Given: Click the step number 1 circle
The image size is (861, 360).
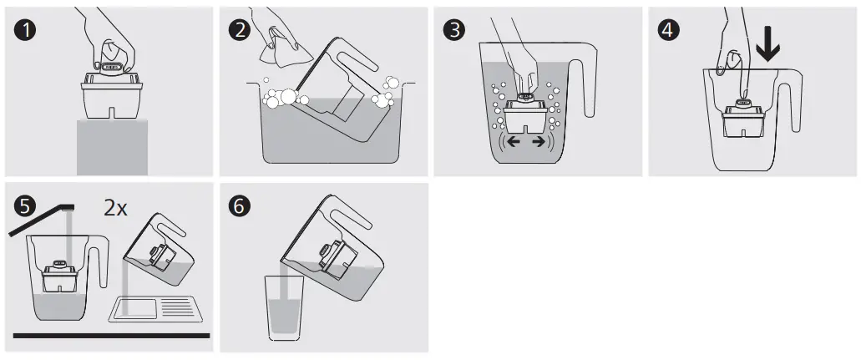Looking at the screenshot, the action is pos(24,30).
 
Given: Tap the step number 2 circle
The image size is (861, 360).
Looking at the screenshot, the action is pos(240,30).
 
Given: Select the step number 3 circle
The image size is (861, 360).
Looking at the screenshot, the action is pos(453,30).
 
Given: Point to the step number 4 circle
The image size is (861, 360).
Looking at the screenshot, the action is pos(668,30).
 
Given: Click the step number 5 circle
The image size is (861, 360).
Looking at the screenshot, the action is pos(24,206).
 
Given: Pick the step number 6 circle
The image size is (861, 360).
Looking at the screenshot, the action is pos(240,206).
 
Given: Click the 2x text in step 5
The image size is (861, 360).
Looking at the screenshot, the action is pos(115,208).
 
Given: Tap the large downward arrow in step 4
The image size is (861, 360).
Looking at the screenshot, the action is pos(767,46).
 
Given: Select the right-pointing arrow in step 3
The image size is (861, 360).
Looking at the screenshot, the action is pos(539,142).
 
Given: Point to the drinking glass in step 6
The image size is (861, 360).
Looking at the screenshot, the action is pos(283,308).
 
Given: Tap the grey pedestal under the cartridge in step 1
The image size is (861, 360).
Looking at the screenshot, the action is pos(112,147).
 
